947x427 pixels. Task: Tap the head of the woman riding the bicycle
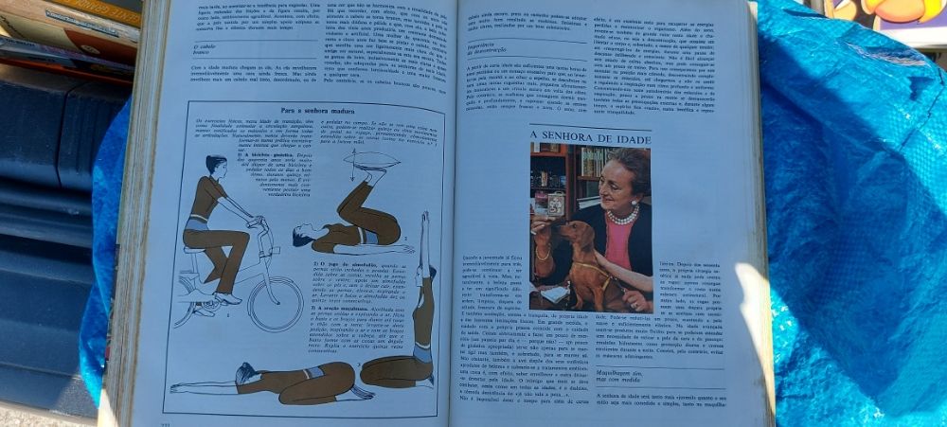[215, 166]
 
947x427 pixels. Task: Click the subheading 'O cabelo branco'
[203, 48]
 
